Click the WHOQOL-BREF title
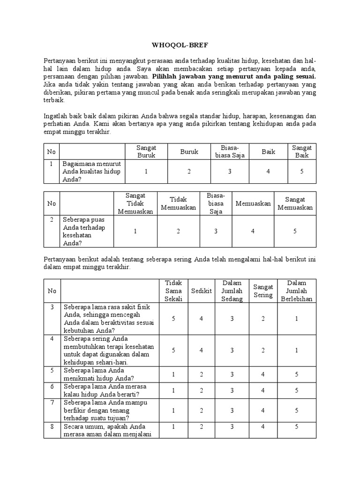180,46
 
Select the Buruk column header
189,151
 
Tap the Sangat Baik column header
302,151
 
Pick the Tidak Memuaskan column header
178,203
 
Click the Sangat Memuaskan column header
295,203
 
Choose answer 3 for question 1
230,172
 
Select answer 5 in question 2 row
295,231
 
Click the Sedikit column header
201,291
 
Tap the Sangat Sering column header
263,291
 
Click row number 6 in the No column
52,386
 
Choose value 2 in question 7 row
201,410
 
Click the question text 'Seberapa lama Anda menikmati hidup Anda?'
99,374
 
